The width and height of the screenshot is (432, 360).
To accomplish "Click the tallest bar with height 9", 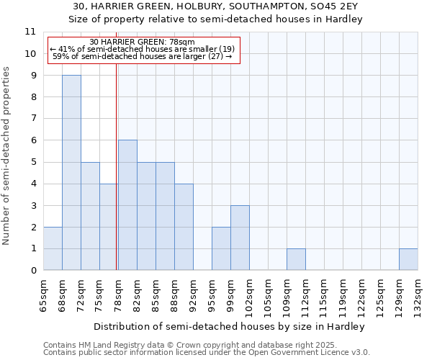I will [71, 173].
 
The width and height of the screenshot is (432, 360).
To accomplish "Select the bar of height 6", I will [127, 205].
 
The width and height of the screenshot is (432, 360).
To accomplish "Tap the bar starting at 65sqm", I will [53, 248].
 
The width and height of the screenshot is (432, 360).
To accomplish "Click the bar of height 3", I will [240, 238].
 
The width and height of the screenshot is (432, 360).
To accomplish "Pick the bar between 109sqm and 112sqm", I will [296, 259].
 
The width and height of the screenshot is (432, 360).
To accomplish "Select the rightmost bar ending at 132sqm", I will [408, 259].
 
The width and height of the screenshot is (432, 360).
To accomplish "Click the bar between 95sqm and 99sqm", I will [221, 248].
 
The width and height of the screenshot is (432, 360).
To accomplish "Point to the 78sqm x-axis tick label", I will [118, 291].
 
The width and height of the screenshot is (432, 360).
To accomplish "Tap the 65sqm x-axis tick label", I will [43, 291].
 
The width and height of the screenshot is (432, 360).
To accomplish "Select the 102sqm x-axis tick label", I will [249, 293].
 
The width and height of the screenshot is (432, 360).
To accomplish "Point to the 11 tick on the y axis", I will [30, 32].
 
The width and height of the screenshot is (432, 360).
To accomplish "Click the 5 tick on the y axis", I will [33, 162].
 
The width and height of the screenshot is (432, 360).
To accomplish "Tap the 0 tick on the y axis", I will [33, 271].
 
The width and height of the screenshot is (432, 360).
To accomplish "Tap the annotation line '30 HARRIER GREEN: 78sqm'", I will [143, 42].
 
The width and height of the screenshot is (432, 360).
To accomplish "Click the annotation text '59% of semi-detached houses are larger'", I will [143, 56].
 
